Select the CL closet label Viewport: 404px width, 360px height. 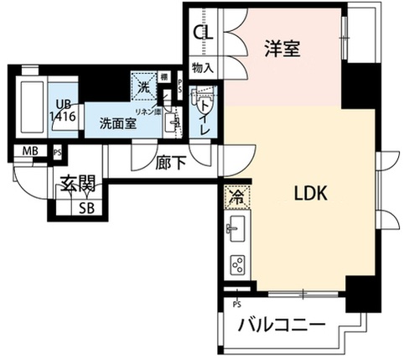204,34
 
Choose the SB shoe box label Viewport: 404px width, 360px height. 86,208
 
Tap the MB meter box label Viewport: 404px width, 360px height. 30,152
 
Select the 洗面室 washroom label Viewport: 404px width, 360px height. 117,123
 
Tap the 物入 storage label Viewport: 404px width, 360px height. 203,67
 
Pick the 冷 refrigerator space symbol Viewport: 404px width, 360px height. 233,197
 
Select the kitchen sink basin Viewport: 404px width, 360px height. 234,227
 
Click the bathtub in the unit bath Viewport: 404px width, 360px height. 31,107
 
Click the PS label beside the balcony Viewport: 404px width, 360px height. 237,303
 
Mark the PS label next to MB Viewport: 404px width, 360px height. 57,152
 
